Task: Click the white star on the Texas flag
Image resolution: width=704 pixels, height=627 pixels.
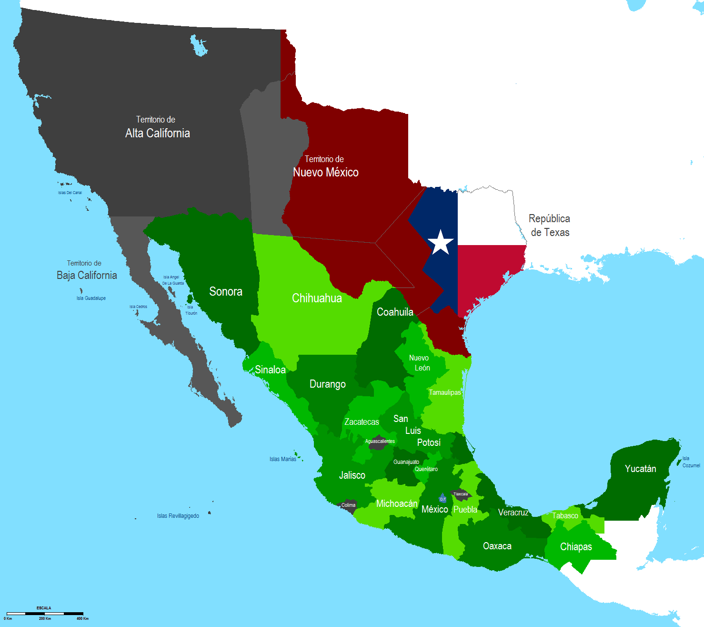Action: point(441,242)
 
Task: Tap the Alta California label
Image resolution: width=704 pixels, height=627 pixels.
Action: point(157,133)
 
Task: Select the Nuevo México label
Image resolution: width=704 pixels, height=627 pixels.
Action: point(325,172)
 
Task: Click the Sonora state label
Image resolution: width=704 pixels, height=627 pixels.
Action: point(226,291)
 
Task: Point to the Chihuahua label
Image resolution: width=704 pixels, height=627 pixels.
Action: point(317,298)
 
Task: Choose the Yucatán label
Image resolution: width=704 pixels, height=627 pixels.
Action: point(640,469)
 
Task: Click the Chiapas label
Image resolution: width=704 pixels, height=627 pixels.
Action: point(576,546)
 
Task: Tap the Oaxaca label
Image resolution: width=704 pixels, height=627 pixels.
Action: point(497,546)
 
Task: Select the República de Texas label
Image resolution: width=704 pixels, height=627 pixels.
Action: point(550,226)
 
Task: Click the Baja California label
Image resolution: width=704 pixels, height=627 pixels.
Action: point(87,275)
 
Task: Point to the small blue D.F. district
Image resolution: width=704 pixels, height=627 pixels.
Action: point(443,499)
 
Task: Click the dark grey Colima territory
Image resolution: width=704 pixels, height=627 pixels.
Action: point(348,505)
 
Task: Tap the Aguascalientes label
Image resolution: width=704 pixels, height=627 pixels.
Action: point(380,442)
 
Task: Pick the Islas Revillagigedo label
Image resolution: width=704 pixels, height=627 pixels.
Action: point(178,516)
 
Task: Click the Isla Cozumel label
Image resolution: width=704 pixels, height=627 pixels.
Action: point(691,462)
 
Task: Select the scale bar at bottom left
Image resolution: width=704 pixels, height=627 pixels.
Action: point(45,613)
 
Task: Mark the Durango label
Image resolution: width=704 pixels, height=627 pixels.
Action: point(328,384)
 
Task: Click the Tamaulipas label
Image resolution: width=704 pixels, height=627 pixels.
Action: point(444,392)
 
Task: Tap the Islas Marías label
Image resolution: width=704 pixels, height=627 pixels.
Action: point(283,459)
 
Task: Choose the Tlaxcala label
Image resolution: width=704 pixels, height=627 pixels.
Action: point(460,494)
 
